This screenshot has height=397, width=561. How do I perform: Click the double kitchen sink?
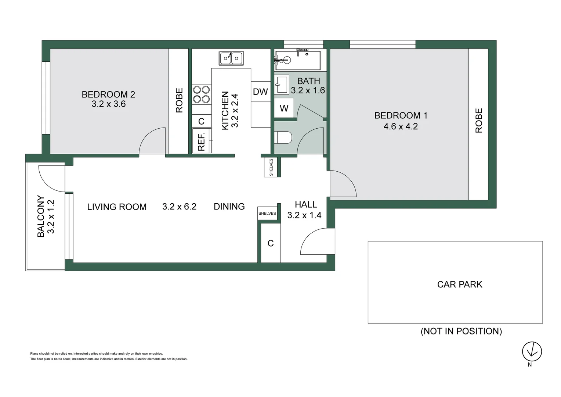(231, 58)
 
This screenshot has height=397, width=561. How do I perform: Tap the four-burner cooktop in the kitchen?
(202, 94)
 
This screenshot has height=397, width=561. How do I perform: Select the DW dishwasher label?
(260, 92)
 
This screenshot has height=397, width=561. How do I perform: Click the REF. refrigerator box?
(202, 141)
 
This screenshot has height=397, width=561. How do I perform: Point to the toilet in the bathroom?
(283, 138)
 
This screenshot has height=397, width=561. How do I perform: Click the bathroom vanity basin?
(282, 85)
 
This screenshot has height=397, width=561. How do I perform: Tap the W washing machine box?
(284, 108)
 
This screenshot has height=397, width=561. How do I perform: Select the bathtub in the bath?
(298, 60)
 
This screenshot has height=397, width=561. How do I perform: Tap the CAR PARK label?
(460, 285)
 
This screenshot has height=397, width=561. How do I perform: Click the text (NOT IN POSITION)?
(462, 331)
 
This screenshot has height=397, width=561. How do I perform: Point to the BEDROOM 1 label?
(401, 115)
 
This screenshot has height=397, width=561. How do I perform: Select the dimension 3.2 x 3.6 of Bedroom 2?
(108, 104)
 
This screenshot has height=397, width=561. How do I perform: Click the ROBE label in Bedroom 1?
(479, 120)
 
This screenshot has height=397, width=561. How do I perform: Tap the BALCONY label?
(41, 216)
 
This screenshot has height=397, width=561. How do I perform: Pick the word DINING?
(229, 206)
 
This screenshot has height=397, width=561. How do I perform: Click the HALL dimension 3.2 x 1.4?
(304, 215)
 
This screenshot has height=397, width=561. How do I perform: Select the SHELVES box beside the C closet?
(267, 214)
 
